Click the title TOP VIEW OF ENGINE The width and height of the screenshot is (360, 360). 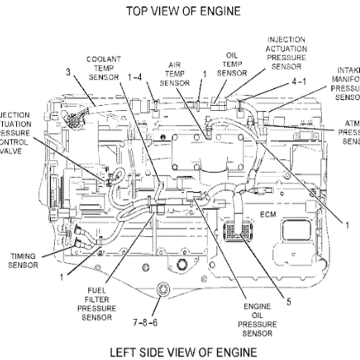183,11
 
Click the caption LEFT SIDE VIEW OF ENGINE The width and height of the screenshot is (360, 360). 184,351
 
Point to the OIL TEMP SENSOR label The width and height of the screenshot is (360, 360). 231,63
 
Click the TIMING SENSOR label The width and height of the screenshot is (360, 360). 24,261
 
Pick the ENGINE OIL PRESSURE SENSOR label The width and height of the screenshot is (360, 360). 257,320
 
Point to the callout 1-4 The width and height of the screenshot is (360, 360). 135,77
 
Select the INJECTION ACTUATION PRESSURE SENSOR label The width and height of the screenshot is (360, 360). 286,54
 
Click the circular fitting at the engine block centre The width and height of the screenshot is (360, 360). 182,264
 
